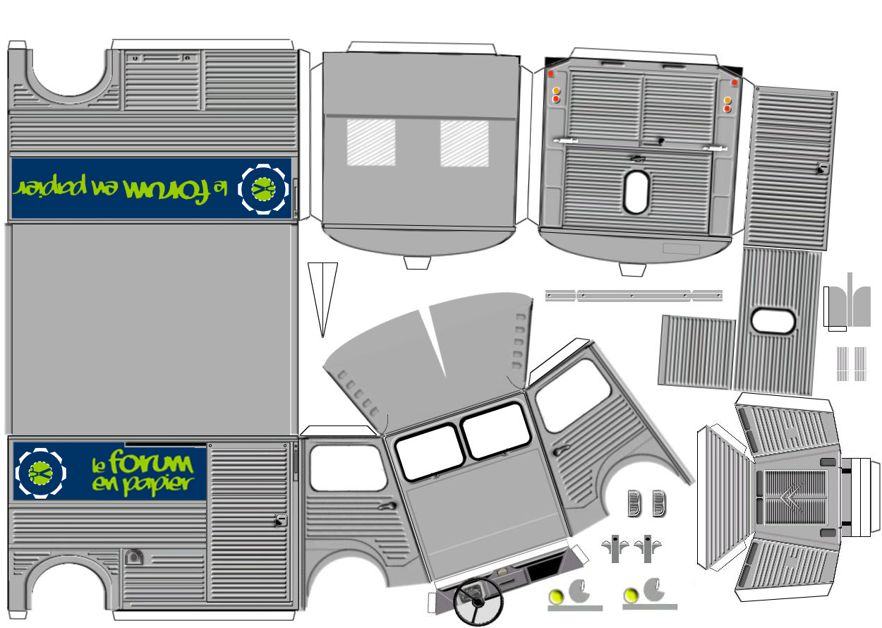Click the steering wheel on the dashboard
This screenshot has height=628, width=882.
478,601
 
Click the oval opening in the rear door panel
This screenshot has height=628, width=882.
636,191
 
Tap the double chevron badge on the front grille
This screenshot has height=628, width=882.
790,499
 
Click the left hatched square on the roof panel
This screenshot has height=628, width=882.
371,142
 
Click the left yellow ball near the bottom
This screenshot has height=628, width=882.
557,596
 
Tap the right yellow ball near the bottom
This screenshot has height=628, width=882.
632,596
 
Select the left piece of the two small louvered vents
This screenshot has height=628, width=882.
636,504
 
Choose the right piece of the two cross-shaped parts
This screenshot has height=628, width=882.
646,548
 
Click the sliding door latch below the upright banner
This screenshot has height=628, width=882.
281,521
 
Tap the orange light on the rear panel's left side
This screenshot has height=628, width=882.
556,90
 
